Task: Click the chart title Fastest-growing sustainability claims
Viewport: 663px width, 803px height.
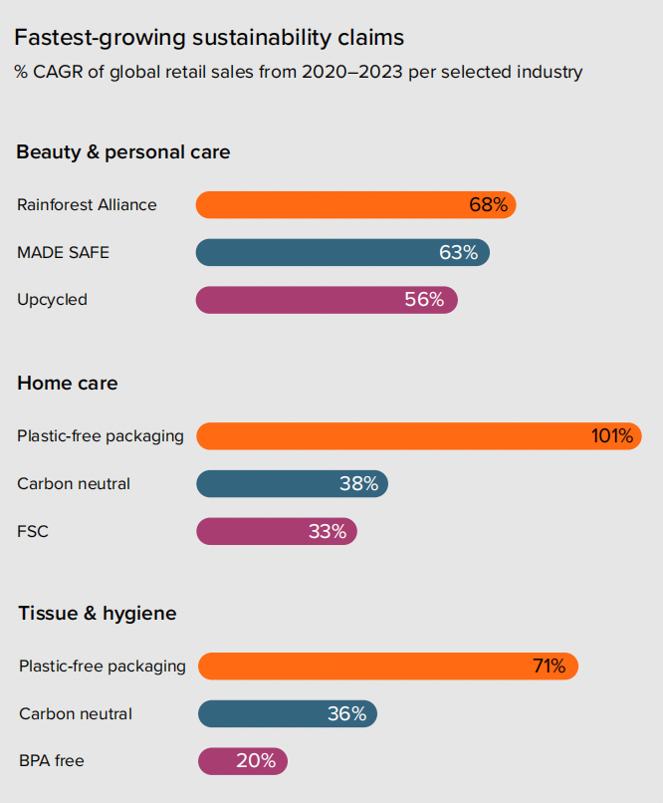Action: (209, 38)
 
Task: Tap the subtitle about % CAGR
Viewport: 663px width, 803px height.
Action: (298, 72)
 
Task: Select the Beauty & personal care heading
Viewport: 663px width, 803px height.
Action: (123, 152)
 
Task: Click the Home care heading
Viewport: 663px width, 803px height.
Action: (68, 383)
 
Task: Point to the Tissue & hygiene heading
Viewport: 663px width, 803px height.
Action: (98, 613)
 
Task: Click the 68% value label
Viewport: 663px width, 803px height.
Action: (488, 205)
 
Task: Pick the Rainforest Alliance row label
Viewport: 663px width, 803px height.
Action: (87, 205)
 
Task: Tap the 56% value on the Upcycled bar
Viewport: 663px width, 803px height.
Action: (424, 300)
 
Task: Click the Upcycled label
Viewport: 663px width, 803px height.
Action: (52, 300)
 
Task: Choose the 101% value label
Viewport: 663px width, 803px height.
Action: (611, 435)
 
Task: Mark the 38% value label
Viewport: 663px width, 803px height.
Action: (358, 484)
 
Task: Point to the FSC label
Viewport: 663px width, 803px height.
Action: (33, 531)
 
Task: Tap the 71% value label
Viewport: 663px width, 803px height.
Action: (549, 666)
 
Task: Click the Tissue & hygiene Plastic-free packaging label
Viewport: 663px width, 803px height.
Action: (103, 666)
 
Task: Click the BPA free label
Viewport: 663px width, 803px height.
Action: (52, 761)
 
